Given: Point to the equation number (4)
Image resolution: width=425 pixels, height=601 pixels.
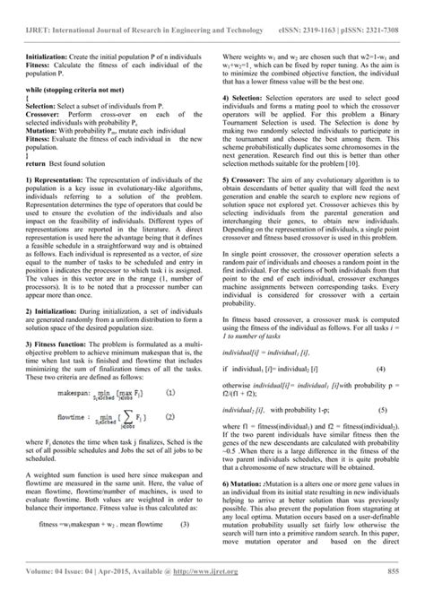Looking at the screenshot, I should click(381, 344).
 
